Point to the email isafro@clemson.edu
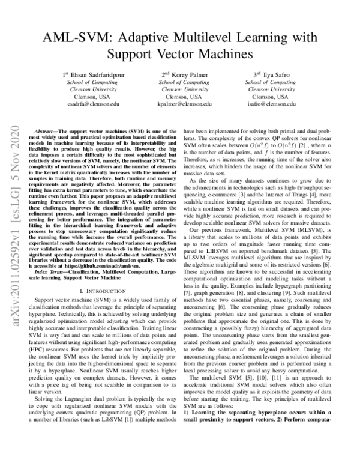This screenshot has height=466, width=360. pos(270,103)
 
